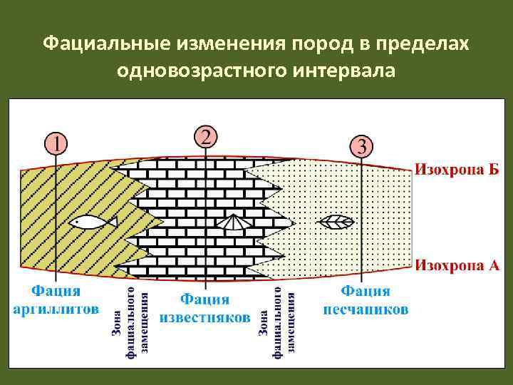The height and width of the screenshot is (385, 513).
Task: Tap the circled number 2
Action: [x=205, y=135]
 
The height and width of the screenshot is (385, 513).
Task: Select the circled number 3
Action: [x=362, y=148]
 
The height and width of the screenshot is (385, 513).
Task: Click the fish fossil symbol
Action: [x=93, y=221]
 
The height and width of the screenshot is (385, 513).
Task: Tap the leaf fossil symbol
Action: [x=336, y=222]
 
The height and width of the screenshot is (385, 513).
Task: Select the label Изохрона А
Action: [x=457, y=265]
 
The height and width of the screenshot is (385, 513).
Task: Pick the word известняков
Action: [x=205, y=316]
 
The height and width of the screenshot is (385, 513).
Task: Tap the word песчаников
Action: [x=366, y=309]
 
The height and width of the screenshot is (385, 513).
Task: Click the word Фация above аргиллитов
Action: [x=56, y=291]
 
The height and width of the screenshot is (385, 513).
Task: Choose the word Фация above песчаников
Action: [x=366, y=291]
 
